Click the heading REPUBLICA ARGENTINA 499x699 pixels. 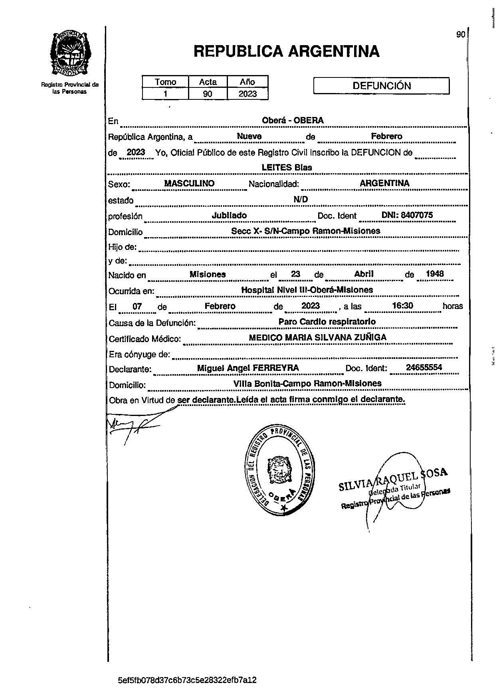pos(286,51)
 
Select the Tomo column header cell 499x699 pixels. pos(165,82)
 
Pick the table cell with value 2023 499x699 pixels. pos(247,94)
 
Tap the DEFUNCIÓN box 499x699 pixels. pos(381,86)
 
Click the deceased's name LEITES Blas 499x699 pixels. pos(287,168)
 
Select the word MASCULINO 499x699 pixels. pos(189,184)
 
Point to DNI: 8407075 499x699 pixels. pos(407,215)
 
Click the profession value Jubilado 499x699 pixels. pos(229,216)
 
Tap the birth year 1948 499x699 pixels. pos(435,274)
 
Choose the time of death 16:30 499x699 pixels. pos(402,306)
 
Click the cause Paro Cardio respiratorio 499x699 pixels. pos(327,322)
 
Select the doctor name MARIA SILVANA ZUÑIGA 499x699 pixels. pos(335,338)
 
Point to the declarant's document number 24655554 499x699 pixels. pos(424,368)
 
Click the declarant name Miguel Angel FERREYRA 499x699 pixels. pos(248,368)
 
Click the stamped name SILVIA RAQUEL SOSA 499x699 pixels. pos(393,479)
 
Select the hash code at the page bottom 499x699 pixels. pos(187,680)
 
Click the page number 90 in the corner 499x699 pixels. pos(460,35)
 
